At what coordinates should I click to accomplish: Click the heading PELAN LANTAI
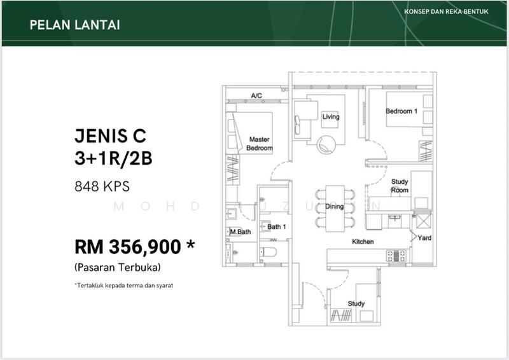(75, 25)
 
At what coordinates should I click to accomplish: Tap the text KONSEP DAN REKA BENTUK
(447, 11)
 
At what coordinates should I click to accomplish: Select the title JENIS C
(110, 135)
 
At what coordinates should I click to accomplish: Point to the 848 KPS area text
(102, 186)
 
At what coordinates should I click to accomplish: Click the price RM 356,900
(128, 247)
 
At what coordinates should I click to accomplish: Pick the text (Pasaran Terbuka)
(118, 268)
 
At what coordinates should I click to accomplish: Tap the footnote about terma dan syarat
(124, 286)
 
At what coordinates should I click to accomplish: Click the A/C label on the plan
(256, 95)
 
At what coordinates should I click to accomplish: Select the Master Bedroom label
(260, 144)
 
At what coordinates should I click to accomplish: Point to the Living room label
(331, 116)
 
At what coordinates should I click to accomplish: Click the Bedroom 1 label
(401, 111)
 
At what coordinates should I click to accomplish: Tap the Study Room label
(400, 186)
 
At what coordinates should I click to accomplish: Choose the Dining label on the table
(335, 207)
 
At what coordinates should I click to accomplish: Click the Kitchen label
(363, 242)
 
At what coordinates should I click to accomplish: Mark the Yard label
(424, 238)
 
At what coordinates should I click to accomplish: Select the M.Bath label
(241, 232)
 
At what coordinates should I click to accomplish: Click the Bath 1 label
(277, 226)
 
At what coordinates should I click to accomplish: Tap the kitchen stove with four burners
(396, 256)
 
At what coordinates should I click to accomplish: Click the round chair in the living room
(326, 144)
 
